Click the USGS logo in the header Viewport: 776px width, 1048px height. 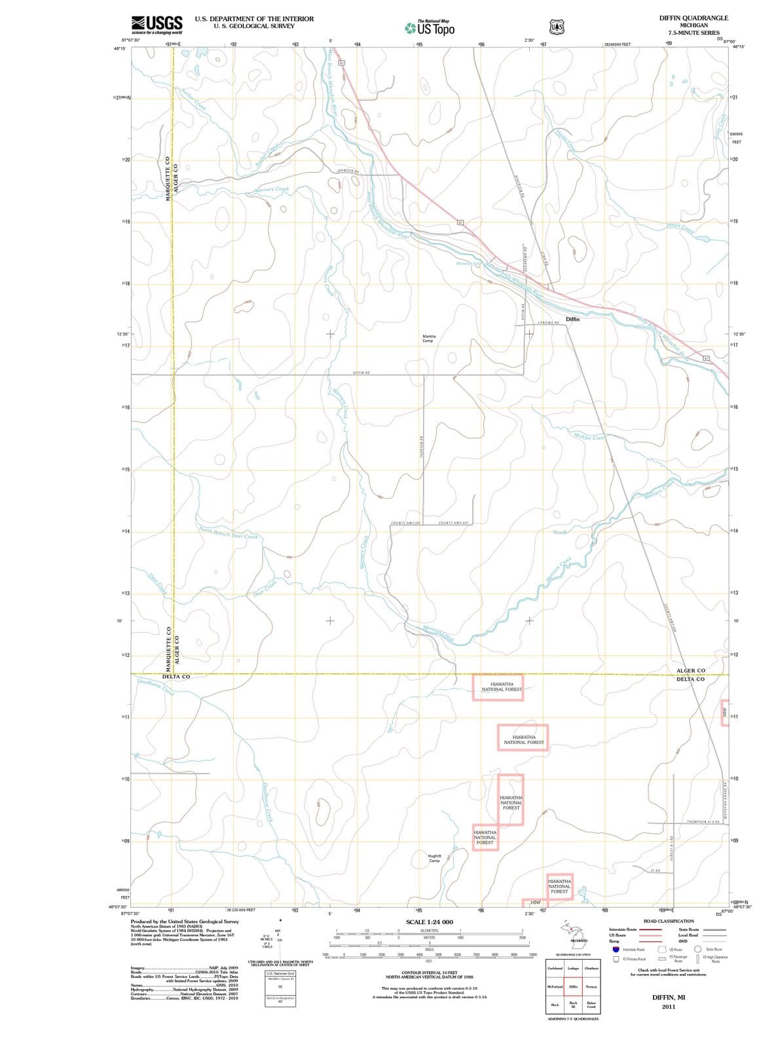[x=157, y=25]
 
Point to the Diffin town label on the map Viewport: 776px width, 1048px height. [x=572, y=319]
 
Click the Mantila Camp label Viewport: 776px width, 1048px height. [x=428, y=338]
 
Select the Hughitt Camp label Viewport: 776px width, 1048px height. [x=434, y=858]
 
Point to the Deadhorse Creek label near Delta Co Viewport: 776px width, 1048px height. [x=155, y=686]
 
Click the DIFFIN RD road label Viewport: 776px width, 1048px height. [x=361, y=372]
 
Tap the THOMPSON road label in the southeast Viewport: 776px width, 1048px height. [x=703, y=821]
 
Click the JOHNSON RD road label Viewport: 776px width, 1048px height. [x=348, y=172]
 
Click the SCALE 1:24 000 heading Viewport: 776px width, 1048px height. [x=430, y=922]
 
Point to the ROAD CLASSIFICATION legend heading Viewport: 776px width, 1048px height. [x=669, y=921]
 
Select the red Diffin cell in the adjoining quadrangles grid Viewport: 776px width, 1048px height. [x=573, y=986]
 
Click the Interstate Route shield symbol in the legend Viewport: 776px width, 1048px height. [x=616, y=949]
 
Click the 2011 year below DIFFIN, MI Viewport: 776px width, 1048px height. [x=668, y=1007]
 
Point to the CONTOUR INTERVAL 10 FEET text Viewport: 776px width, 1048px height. [x=429, y=972]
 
